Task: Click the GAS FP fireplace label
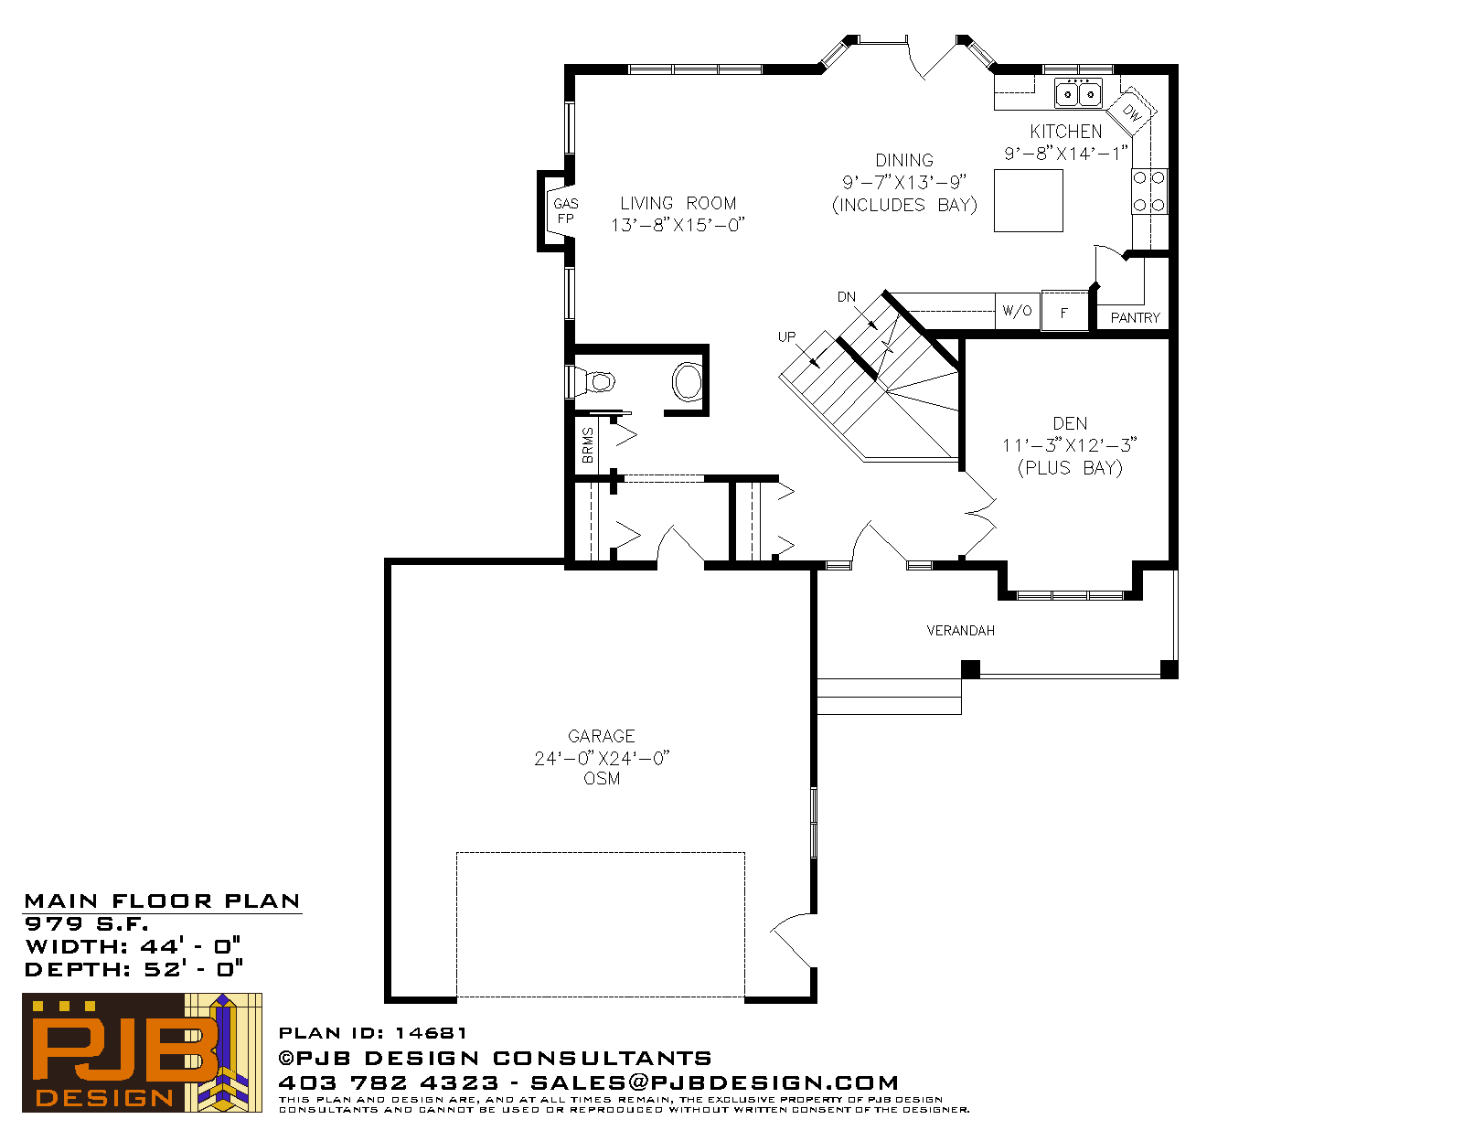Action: click(565, 210)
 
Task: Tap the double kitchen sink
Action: click(1078, 93)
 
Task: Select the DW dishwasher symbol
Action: click(1131, 112)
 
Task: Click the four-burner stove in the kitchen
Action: click(1149, 191)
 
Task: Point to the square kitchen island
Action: click(1028, 200)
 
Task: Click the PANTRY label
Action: click(1135, 317)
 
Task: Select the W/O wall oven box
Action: click(1018, 310)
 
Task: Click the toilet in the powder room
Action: click(592, 381)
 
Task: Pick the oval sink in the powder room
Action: click(687, 381)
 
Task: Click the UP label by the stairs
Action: click(786, 336)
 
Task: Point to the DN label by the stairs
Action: click(847, 297)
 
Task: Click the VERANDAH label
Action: click(961, 631)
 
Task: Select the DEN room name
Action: click(1070, 423)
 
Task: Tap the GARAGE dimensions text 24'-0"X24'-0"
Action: click(602, 759)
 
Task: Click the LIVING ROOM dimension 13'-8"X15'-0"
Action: click(678, 225)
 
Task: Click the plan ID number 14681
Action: click(431, 1033)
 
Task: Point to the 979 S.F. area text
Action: click(86, 923)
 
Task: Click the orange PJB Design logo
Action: click(142, 1052)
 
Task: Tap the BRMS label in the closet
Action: click(588, 445)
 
